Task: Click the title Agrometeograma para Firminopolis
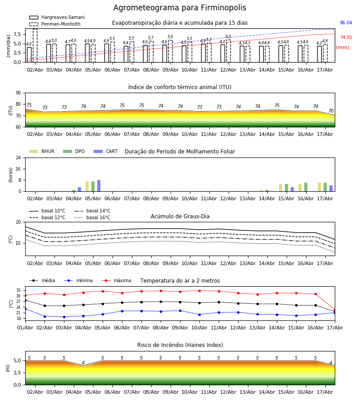(180, 8)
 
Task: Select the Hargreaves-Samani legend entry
(57, 17)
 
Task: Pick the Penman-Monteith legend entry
(55, 24)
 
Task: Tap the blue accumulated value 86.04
(346, 23)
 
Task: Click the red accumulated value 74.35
(346, 37)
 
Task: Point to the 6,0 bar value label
(228, 36)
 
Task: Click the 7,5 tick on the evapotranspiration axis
(17, 34)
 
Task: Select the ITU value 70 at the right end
(331, 111)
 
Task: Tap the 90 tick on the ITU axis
(18, 93)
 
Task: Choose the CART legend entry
(106, 151)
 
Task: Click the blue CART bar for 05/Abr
(99, 186)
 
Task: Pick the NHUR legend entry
(42, 151)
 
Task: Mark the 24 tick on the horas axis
(18, 157)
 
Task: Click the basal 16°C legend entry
(92, 217)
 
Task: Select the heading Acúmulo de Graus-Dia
(180, 216)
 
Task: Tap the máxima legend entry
(116, 280)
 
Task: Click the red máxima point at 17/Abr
(335, 310)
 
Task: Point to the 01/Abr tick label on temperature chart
(25, 328)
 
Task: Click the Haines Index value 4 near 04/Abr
(83, 363)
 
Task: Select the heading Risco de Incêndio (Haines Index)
(180, 345)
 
